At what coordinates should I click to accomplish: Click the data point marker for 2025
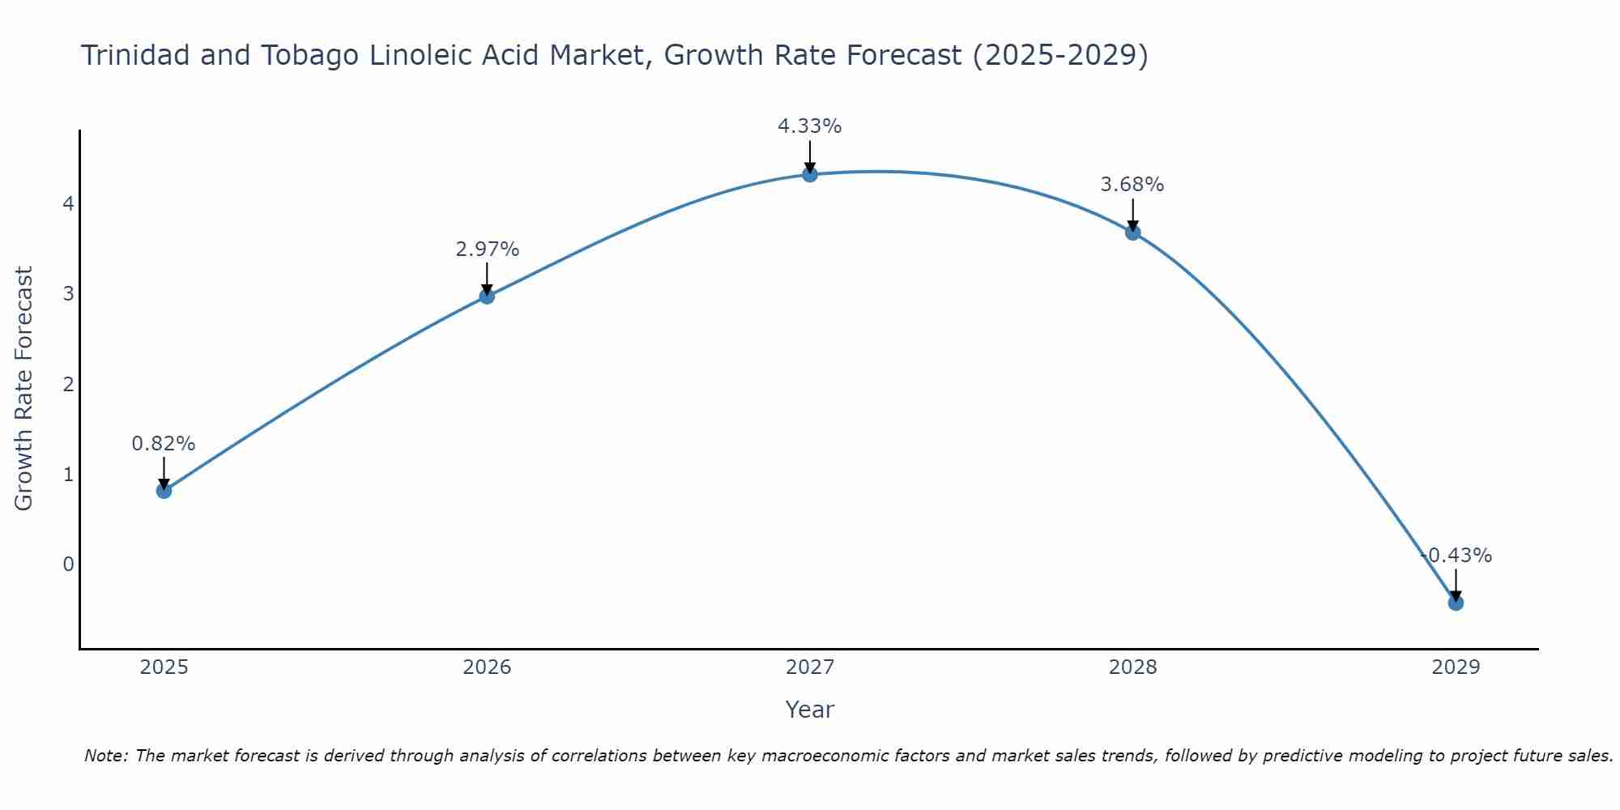click(164, 490)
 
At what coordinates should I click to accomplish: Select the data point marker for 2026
click(487, 296)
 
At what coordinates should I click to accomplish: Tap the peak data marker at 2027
click(810, 174)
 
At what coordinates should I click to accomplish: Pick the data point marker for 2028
click(1132, 232)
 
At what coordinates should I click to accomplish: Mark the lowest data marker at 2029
click(1456, 603)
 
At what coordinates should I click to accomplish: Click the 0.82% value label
click(164, 444)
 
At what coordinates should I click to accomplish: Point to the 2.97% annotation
click(487, 249)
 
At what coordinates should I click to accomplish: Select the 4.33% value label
click(810, 126)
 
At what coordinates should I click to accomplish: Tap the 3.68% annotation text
click(1132, 185)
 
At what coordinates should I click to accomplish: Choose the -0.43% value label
click(1456, 556)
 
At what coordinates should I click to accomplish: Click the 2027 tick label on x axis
click(810, 667)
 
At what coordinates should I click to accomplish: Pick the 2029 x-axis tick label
click(1456, 667)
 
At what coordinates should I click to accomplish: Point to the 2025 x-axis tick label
click(164, 667)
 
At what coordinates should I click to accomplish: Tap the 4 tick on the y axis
click(68, 203)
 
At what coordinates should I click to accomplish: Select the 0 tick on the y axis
click(68, 564)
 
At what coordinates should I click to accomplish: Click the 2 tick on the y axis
click(68, 384)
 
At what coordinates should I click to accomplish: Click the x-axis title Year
click(810, 710)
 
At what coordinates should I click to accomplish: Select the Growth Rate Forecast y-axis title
click(24, 389)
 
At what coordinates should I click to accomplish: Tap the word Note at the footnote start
click(105, 756)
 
